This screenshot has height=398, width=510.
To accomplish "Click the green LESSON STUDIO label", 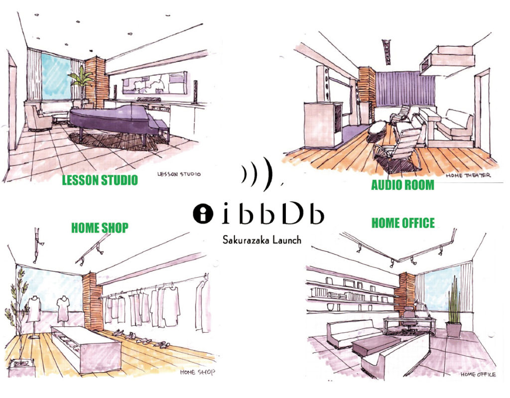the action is point(100,180).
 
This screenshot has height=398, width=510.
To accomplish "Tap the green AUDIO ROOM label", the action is point(402,185).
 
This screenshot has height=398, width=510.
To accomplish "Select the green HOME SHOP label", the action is point(100,228).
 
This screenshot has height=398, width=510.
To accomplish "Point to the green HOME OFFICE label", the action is point(403,223).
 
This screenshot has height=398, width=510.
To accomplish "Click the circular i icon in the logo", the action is point(203,214).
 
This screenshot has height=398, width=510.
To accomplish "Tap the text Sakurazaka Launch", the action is point(262,240).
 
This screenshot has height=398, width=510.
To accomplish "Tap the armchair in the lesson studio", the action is point(38,118).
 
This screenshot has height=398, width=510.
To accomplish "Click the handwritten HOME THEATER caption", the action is point(468,175).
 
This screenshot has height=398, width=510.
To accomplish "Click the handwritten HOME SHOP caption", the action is point(197,372).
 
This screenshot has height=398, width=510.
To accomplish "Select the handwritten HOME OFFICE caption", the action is point(478,375).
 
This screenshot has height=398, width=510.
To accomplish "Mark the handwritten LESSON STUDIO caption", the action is point(179,174).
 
